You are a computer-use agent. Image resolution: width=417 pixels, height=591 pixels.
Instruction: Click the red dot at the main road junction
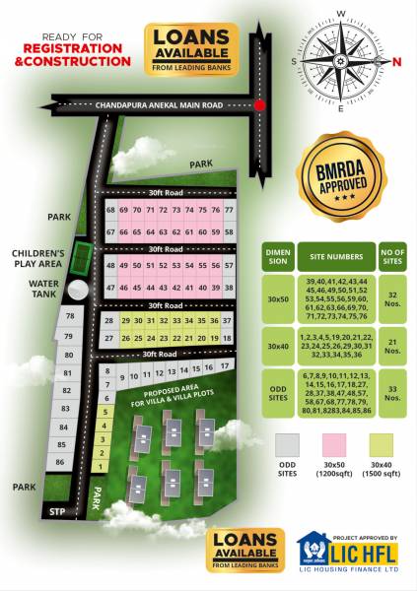click(x=259, y=104)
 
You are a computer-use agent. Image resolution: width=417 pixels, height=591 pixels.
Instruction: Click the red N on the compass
click(x=397, y=61)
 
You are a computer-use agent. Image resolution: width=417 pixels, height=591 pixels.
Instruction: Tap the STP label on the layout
click(x=56, y=512)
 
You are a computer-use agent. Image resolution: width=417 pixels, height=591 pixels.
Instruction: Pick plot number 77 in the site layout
click(x=229, y=211)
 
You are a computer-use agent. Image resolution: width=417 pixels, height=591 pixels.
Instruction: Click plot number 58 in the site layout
click(x=229, y=231)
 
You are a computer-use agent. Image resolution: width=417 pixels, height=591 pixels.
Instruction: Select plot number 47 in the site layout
click(x=110, y=288)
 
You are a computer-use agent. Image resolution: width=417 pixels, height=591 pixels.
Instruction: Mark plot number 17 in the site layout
click(x=226, y=365)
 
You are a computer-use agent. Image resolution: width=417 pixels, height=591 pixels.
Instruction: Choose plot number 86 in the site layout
click(x=60, y=461)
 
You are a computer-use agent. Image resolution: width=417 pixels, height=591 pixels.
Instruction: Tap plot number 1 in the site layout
click(x=100, y=467)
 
